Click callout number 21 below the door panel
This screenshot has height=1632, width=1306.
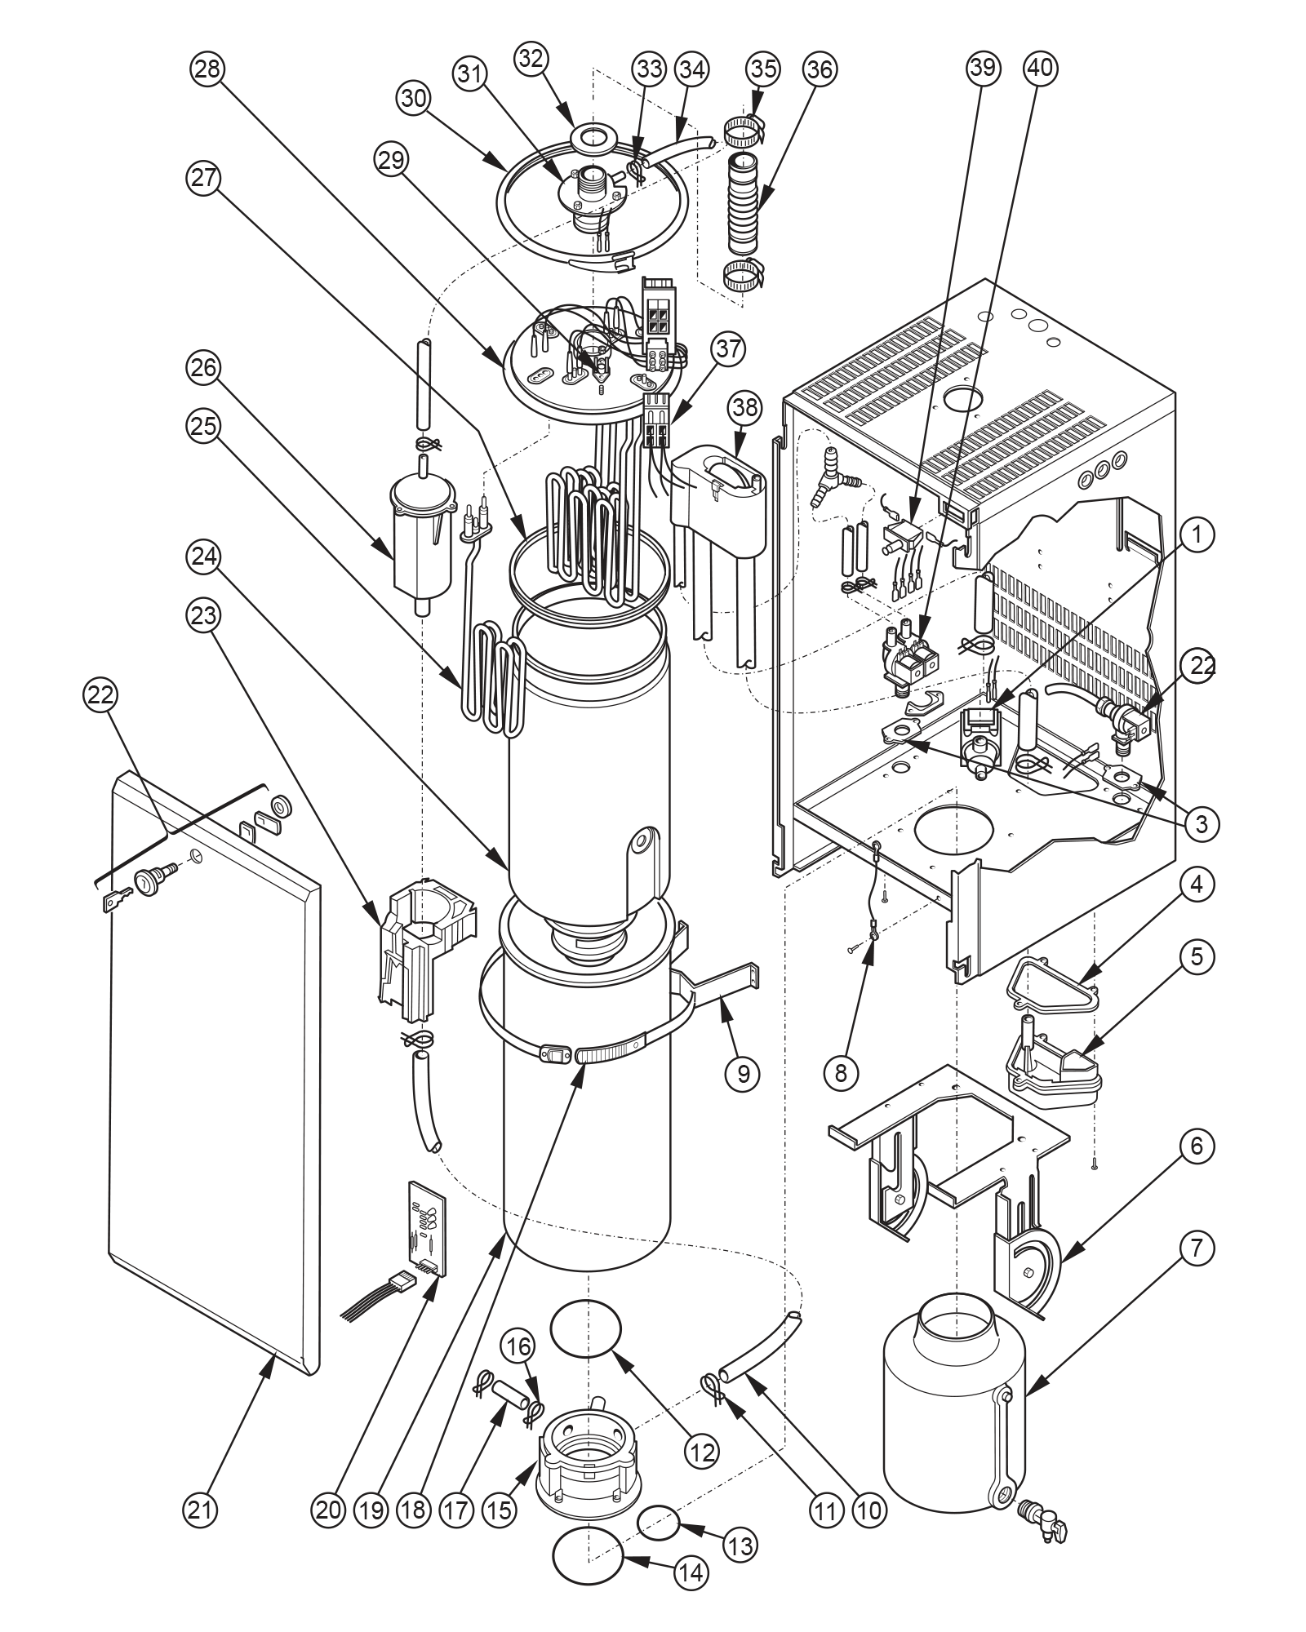pyautogui.click(x=200, y=1510)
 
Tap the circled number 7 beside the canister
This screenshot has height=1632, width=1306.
pyautogui.click(x=1196, y=1248)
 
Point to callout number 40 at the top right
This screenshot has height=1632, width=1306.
pyautogui.click(x=1039, y=69)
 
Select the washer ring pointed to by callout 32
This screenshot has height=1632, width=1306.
pyautogui.click(x=595, y=139)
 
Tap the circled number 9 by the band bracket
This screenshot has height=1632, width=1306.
pyautogui.click(x=742, y=1072)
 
